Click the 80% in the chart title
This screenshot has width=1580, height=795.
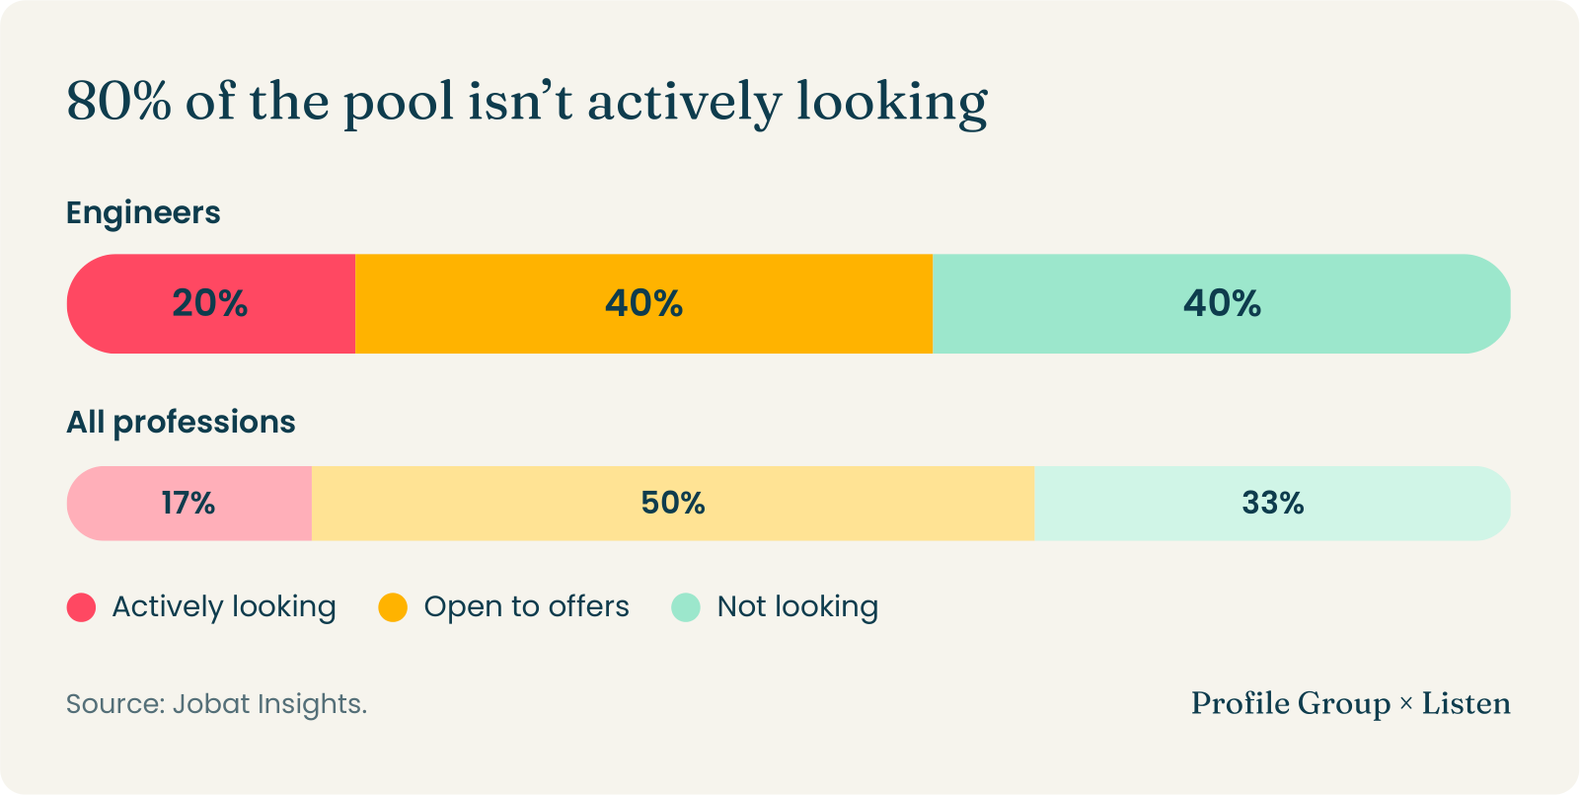pos(119,101)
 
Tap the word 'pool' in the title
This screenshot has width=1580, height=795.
pos(399,105)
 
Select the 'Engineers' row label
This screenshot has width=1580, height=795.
pos(143,213)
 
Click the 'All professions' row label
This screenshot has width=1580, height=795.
pos(181,423)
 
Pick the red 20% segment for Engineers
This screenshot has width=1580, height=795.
pos(211,303)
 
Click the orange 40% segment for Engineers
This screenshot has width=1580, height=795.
pos(644,303)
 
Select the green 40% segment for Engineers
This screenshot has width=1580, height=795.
pos(1222,303)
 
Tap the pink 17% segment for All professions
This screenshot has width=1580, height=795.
pos(189,504)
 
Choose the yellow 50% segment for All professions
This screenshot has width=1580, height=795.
pos(673,504)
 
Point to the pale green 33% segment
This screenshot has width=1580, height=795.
pos(1272,504)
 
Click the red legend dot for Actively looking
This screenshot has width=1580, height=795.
pos(81,607)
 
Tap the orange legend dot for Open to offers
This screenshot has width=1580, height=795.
pos(393,607)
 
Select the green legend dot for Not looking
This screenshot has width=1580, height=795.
pos(686,607)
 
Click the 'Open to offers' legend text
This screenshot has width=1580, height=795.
pos(526,607)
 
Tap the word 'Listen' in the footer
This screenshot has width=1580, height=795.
pos(1466,703)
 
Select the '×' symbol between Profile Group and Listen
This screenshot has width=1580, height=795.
pos(1405,704)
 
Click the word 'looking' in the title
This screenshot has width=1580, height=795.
pos(892,105)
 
